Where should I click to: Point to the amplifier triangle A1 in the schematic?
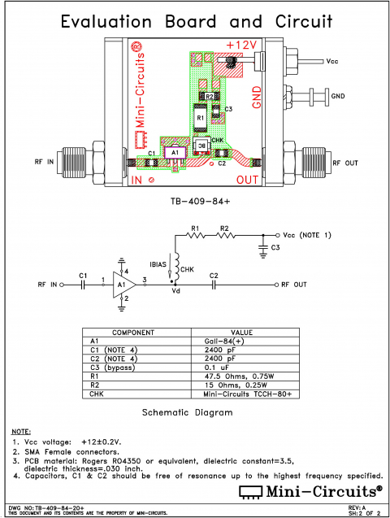point(123,285)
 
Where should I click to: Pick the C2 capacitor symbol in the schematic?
point(214,285)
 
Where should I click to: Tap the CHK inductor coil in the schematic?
point(174,264)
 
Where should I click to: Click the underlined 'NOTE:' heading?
point(20,430)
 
